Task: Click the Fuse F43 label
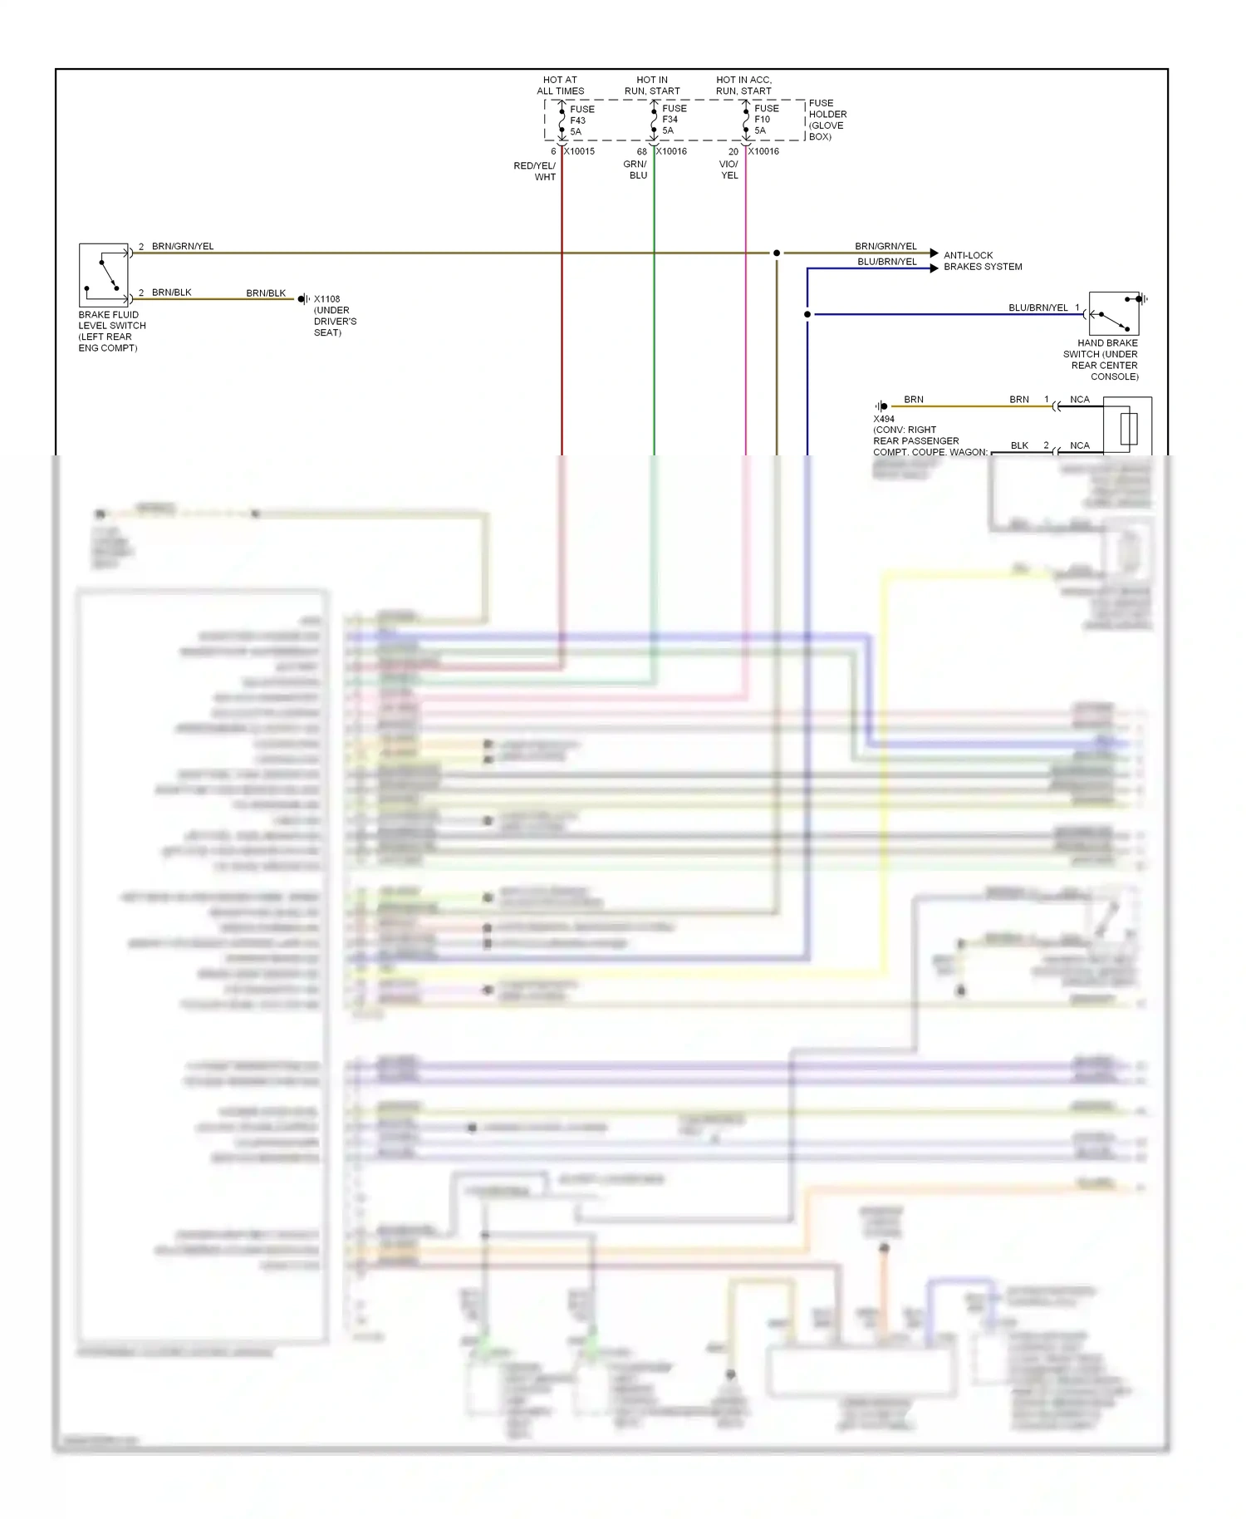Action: (x=581, y=120)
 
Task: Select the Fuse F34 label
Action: (x=674, y=120)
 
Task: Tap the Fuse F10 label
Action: (x=766, y=120)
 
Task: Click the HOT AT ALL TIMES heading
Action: (x=561, y=86)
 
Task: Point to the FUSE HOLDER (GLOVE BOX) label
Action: (x=827, y=120)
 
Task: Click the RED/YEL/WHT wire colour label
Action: (x=535, y=171)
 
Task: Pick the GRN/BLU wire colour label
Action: (x=635, y=170)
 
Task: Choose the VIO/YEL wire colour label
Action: (x=728, y=170)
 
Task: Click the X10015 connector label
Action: (x=580, y=151)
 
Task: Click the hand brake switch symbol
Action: (x=1114, y=313)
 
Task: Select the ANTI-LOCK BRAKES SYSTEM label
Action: (x=983, y=261)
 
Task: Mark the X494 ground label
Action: (x=884, y=419)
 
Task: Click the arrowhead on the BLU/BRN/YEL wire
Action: (x=934, y=268)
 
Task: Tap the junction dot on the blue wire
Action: (x=807, y=314)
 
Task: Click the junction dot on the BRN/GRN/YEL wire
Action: (x=777, y=253)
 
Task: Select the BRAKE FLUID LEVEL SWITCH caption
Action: (x=111, y=332)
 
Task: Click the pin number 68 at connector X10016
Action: (x=641, y=152)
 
